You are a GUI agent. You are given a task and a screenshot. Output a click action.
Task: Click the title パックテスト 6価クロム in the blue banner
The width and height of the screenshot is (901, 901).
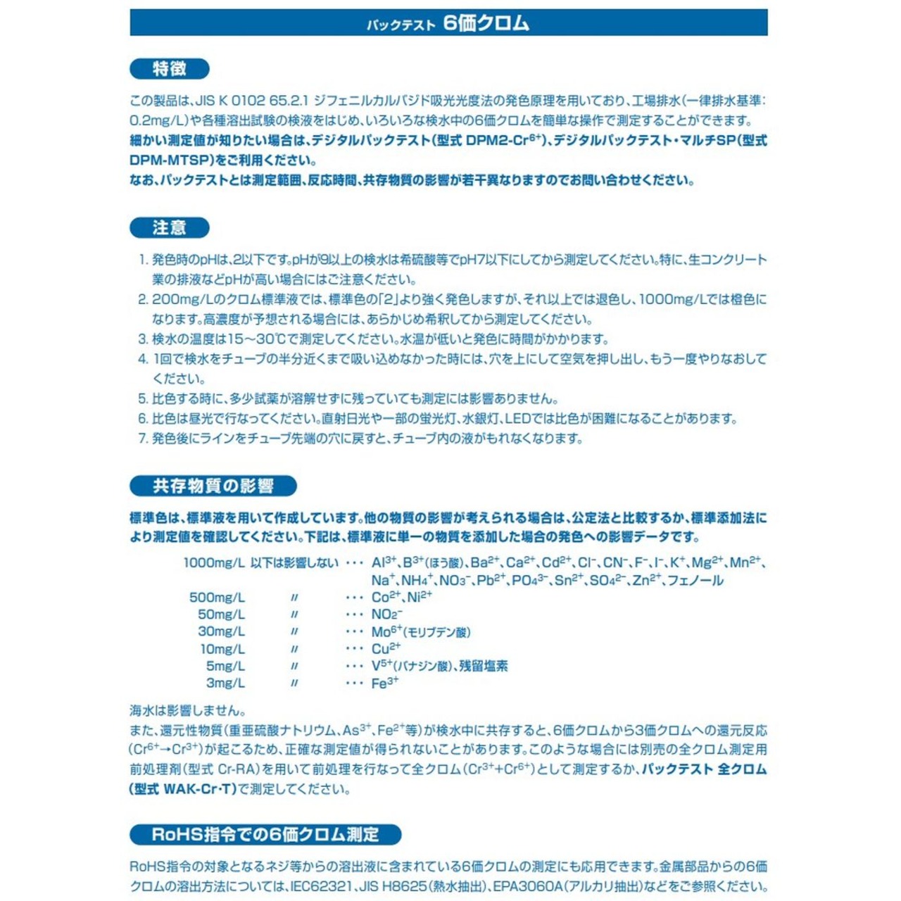448,23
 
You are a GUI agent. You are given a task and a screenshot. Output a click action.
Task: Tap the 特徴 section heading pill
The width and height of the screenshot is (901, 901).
170,69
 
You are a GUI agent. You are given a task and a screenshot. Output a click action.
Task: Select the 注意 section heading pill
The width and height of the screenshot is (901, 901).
170,228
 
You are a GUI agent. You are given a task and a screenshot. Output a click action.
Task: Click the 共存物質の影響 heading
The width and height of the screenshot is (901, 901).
213,486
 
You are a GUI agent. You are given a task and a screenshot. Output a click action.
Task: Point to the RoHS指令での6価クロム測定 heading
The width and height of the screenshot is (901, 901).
265,835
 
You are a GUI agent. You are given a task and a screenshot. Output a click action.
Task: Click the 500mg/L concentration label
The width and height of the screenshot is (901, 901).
217,598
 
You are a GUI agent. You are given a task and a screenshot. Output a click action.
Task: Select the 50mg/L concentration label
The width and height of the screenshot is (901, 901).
221,615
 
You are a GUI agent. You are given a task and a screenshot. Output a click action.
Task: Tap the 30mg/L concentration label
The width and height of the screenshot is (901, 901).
221,631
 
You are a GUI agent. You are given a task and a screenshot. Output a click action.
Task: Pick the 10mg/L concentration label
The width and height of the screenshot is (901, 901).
222,649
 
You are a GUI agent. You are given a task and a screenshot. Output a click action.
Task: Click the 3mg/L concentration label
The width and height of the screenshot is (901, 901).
225,683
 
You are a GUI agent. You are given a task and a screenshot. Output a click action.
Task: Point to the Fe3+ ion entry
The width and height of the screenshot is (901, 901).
384,683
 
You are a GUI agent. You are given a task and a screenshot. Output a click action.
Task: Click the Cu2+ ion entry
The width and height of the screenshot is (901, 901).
386,648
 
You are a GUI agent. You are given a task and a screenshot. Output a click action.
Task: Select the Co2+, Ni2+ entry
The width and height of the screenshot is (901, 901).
401,597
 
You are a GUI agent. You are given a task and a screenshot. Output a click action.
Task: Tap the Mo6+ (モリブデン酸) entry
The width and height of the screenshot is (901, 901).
421,631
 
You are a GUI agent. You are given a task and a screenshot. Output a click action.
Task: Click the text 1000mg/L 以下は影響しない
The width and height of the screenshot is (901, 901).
260,563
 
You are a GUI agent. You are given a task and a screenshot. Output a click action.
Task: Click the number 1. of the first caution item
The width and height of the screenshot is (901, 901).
143,260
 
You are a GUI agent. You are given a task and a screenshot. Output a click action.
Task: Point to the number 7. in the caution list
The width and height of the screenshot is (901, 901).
143,439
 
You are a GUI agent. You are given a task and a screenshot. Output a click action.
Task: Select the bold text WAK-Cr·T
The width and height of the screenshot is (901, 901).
199,789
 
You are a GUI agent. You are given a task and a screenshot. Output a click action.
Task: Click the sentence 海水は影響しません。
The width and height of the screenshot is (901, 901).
188,710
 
